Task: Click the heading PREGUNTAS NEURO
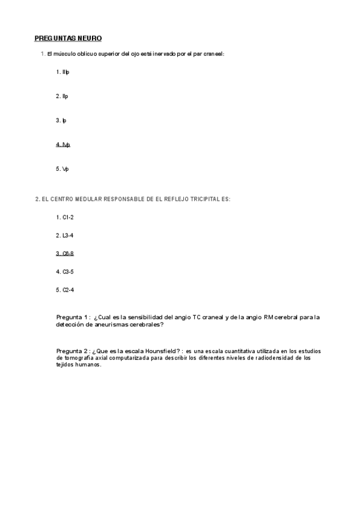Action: coord(68,38)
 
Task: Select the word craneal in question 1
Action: coord(213,54)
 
